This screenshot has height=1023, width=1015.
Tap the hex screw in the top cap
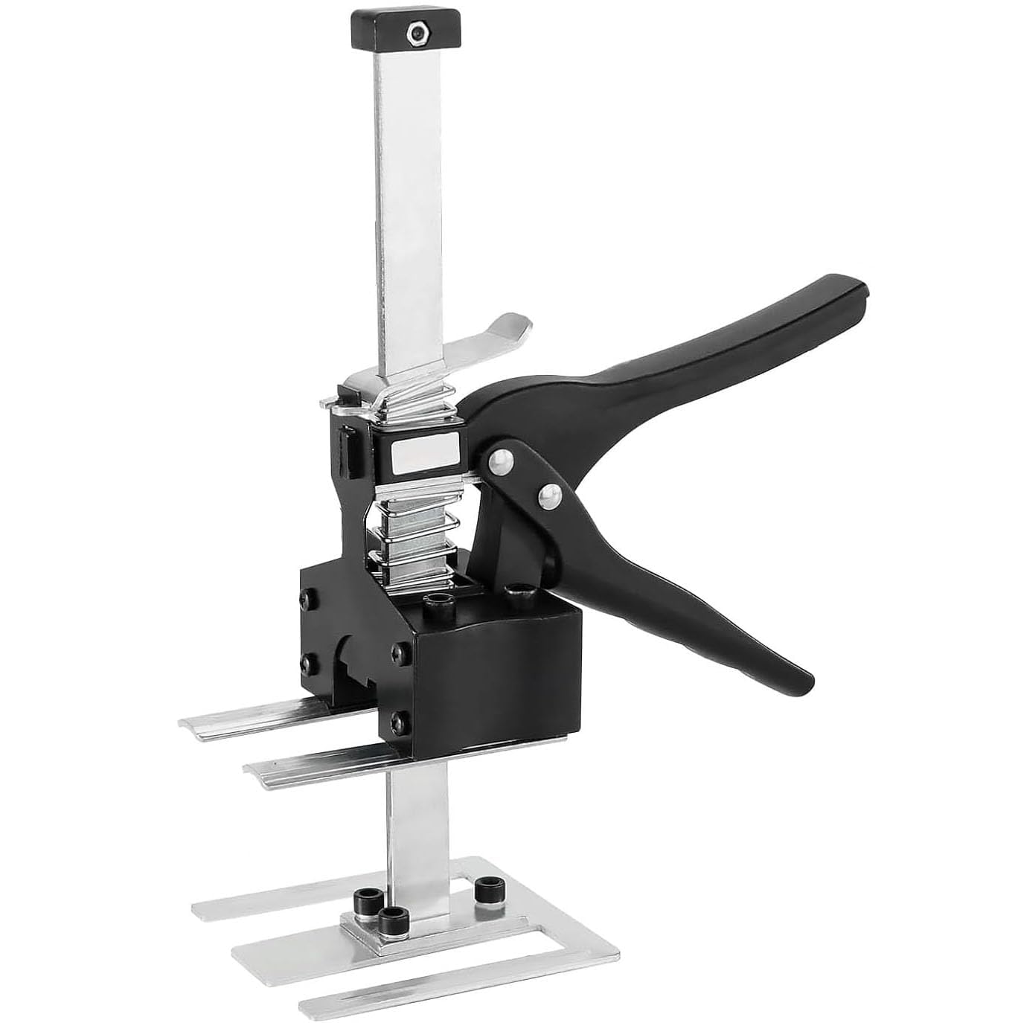point(413,32)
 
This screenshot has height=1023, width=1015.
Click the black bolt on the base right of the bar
point(488,888)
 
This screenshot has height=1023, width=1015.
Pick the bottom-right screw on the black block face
point(402,720)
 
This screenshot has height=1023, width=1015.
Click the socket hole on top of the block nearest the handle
point(519,595)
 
